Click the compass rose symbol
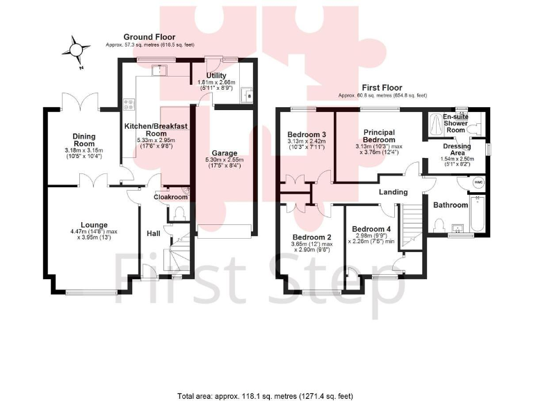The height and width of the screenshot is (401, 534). (76, 50)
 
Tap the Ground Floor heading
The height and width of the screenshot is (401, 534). (149, 37)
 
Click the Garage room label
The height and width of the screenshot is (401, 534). (225, 152)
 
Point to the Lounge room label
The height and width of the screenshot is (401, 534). (94, 225)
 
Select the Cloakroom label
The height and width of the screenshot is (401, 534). (171, 197)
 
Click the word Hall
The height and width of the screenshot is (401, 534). (154, 233)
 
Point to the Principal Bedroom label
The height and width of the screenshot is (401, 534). (379, 135)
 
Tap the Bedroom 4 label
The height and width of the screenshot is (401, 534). (371, 229)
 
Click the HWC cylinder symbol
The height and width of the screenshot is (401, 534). (478, 182)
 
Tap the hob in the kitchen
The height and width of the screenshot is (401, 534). (129, 106)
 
